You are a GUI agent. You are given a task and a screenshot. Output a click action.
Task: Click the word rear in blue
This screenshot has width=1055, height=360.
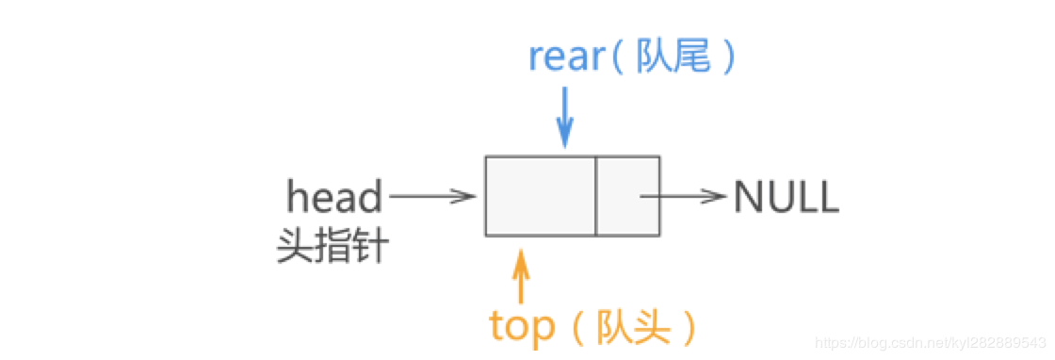tap(564, 57)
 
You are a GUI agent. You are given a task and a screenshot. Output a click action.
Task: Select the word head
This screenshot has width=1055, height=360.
tap(334, 198)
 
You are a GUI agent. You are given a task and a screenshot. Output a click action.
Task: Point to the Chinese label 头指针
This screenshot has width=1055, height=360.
tap(332, 248)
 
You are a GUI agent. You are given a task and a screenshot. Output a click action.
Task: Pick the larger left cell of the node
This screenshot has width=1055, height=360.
tap(541, 196)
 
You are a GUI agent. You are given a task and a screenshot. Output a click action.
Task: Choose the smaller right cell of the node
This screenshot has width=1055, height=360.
tap(627, 196)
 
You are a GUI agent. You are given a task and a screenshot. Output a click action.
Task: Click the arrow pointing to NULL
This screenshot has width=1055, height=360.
tap(683, 197)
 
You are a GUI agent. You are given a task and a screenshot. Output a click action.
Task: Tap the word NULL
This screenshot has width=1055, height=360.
tap(786, 198)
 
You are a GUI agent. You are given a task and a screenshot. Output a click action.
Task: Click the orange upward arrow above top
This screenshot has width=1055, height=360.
tap(521, 279)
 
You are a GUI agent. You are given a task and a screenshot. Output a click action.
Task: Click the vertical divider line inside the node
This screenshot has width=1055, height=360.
tap(596, 196)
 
